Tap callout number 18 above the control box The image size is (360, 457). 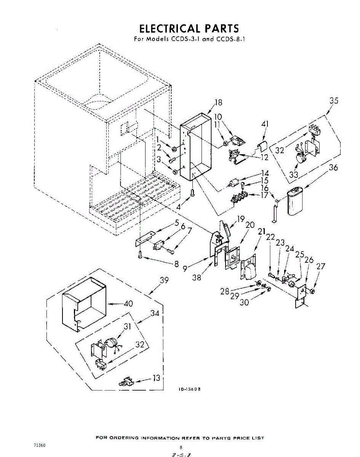tap(218, 102)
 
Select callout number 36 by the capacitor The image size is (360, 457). tap(333, 167)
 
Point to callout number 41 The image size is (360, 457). tap(265, 124)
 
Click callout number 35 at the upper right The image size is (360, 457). tap(334, 101)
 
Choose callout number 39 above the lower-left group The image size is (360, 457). tap(164, 281)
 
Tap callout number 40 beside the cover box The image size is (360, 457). tap(128, 304)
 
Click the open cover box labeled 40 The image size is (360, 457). tap(84, 301)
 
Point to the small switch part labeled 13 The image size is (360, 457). tap(127, 382)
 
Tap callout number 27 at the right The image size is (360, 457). tap(321, 267)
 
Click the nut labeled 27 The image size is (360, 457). tap(312, 291)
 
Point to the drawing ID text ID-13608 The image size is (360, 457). tap(190, 389)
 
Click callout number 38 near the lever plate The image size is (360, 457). tap(197, 278)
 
